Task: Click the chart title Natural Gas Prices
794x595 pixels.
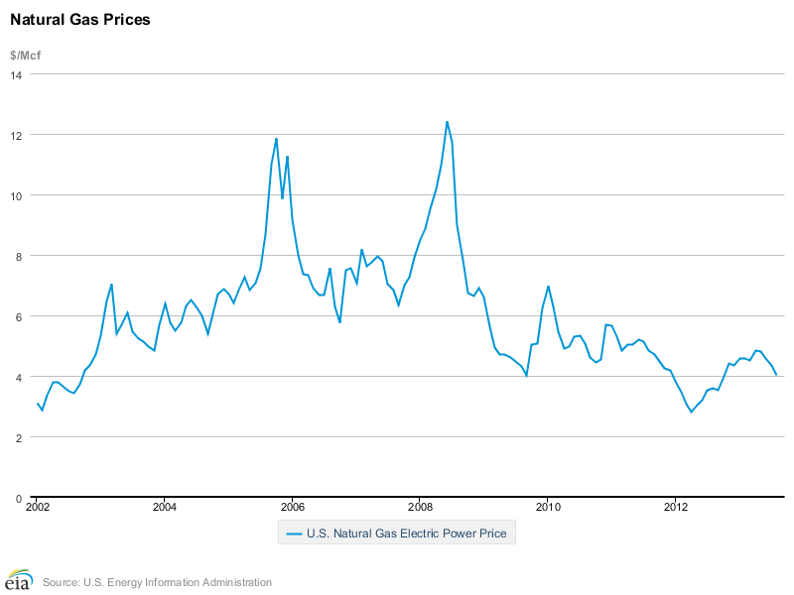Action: click(x=80, y=19)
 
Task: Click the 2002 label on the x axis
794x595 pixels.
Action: click(x=37, y=507)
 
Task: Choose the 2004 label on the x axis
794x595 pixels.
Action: click(x=165, y=507)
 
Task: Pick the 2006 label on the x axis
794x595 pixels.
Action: click(x=293, y=507)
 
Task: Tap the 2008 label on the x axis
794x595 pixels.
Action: click(x=420, y=507)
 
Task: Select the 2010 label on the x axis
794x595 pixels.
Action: click(x=548, y=507)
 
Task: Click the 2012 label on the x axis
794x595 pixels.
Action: click(x=676, y=507)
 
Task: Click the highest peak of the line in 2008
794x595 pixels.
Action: click(x=447, y=122)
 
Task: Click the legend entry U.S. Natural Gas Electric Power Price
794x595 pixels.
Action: click(x=406, y=534)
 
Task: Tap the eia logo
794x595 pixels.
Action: click(x=19, y=580)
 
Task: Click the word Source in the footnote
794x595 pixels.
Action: click(x=62, y=582)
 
